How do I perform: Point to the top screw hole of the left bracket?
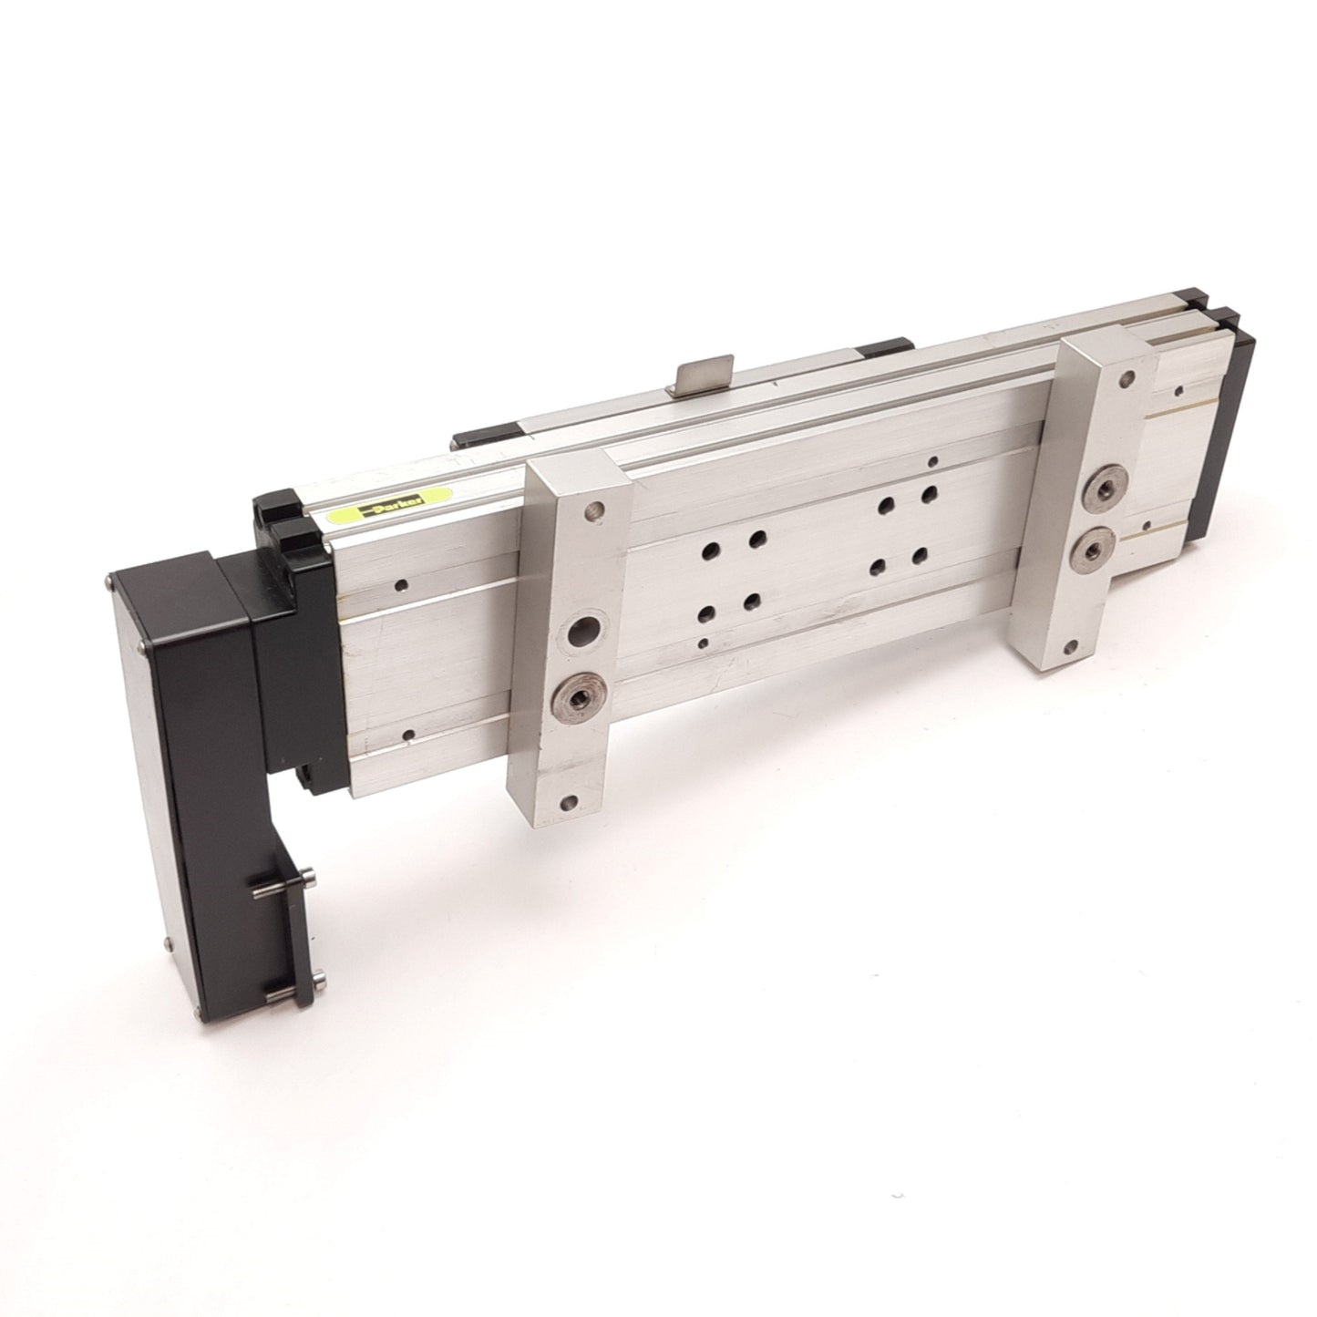tap(594, 509)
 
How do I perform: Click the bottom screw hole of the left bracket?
tap(567, 802)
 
